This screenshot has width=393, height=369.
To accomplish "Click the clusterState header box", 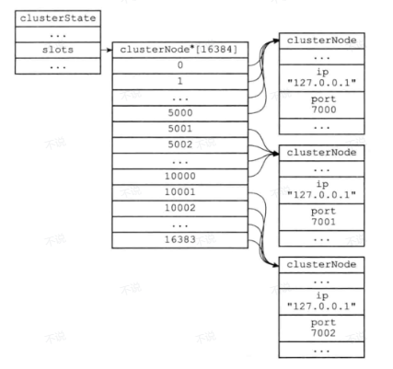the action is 58,18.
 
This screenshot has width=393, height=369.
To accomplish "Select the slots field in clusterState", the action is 58,50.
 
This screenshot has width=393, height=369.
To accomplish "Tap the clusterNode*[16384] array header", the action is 180,50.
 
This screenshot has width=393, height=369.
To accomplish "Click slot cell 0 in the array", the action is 180,65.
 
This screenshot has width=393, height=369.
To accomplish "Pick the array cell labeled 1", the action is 180,82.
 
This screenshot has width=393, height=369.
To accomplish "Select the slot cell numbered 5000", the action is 180,113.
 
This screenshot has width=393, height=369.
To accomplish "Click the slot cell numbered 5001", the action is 180,130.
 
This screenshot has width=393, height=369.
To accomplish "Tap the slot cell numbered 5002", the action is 180,145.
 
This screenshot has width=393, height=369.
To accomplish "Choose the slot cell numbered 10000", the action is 180,177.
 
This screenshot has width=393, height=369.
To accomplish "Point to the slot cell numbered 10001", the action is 180,192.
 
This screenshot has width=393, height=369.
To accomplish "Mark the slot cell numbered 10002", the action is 180,209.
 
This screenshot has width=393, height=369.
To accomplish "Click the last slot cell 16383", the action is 180,240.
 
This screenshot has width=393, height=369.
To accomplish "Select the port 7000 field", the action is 322,105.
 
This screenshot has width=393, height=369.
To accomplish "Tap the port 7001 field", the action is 322,217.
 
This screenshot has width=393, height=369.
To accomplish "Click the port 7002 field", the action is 322,329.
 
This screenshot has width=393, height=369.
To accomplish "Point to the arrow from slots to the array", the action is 107,50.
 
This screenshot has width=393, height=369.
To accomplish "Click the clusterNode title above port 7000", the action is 322,40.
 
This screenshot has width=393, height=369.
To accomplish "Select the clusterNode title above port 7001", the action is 322,153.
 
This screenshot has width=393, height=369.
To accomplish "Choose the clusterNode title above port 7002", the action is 322,265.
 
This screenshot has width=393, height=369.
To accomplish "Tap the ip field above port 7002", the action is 322,302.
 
